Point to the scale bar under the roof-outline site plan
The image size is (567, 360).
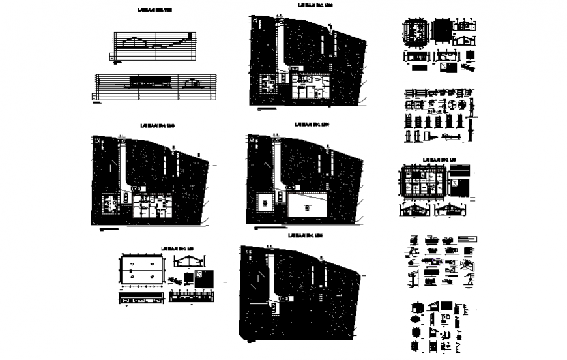(267, 230)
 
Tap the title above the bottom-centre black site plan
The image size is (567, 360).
(308, 235)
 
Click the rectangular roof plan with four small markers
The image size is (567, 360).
(140, 270)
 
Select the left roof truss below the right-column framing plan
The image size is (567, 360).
(415, 209)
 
